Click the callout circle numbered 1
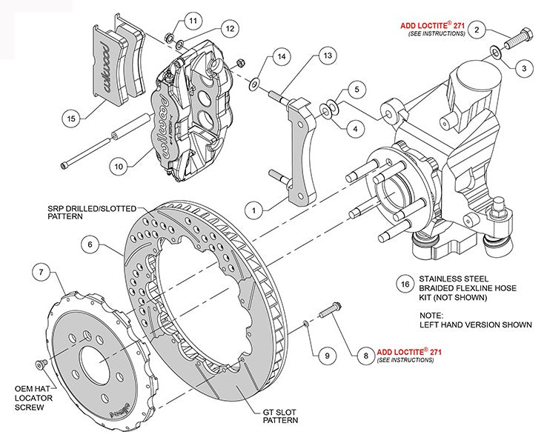click(x=255, y=211)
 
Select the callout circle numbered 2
click(x=478, y=30)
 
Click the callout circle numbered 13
click(x=328, y=56)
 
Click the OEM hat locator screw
click(x=41, y=363)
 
